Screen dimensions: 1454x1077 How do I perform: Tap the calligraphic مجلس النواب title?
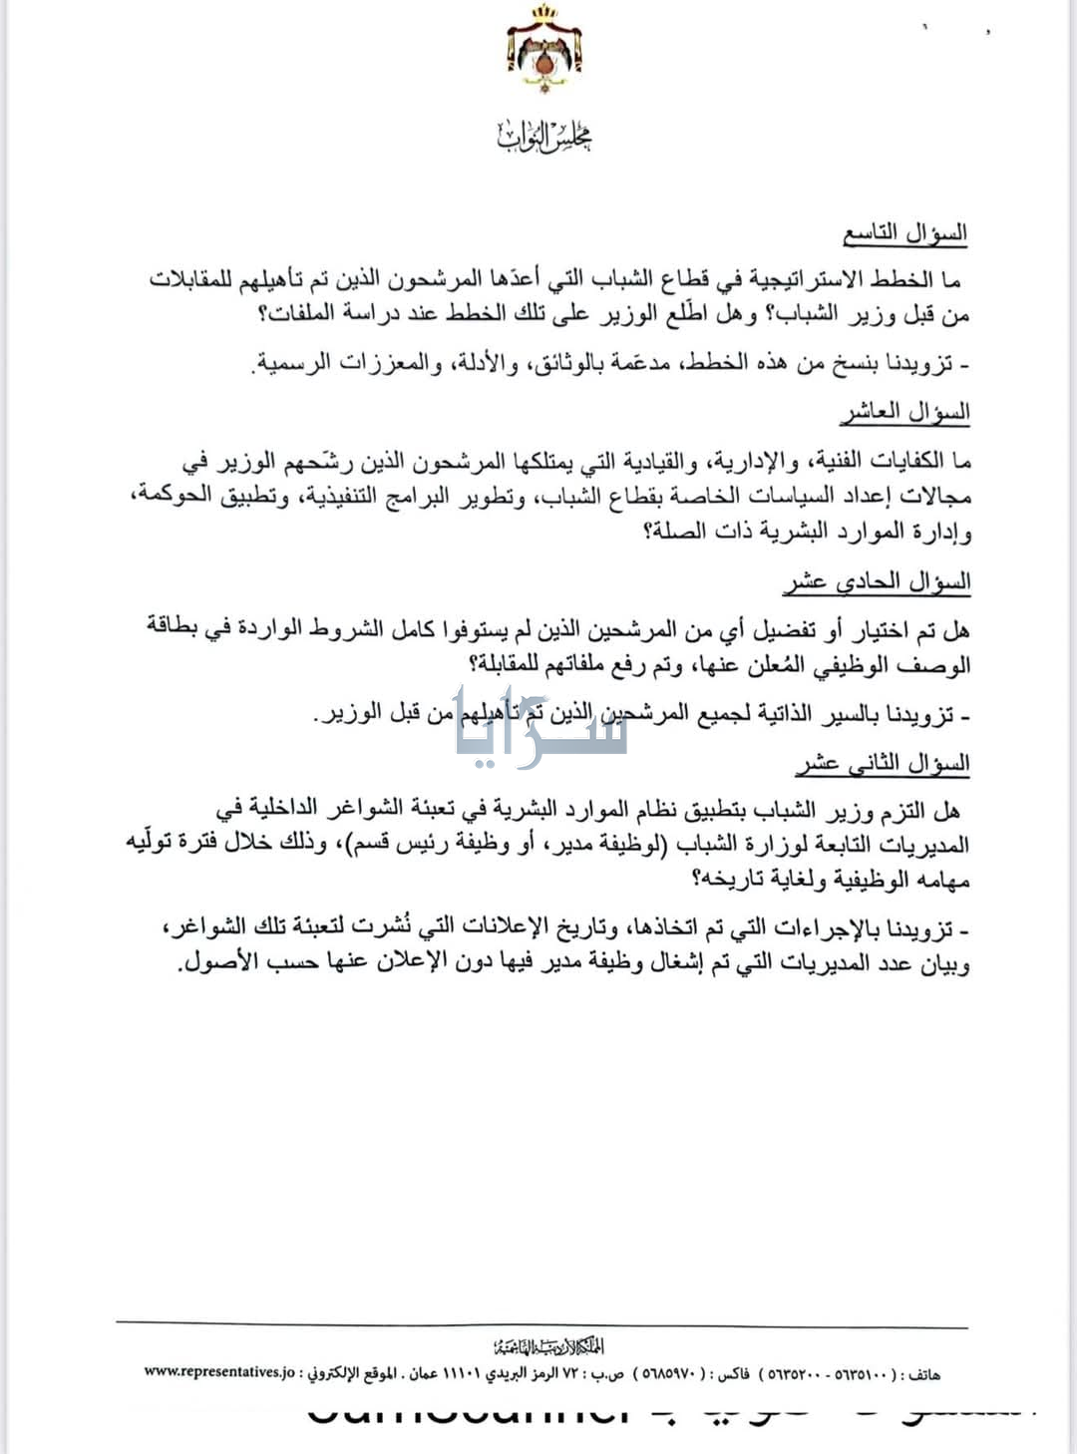(544, 137)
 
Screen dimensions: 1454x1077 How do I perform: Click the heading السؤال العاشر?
(904, 412)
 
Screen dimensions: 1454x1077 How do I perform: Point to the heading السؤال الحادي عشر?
(878, 582)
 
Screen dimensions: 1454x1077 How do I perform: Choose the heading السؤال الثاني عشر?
(883, 765)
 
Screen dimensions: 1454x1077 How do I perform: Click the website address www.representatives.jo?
(220, 1371)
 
